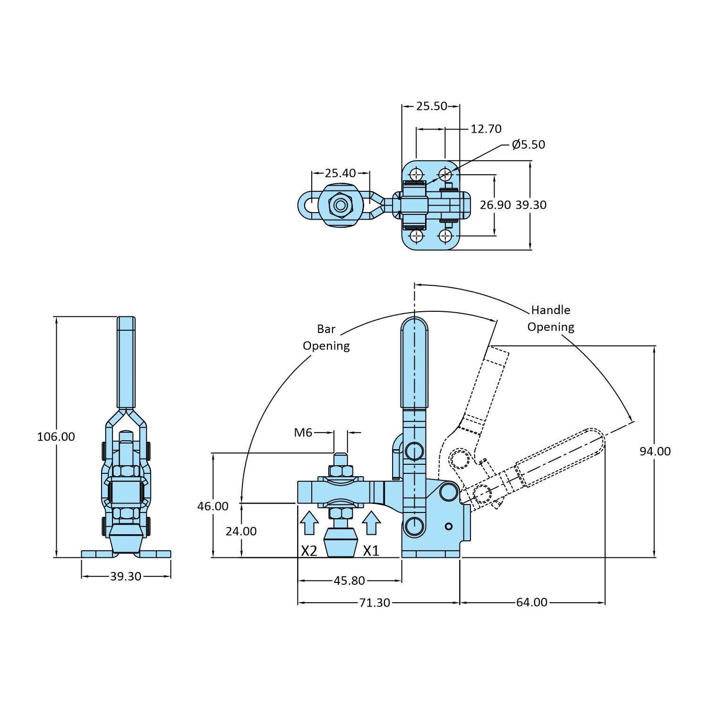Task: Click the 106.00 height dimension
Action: tap(56, 436)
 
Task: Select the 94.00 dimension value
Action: tap(655, 451)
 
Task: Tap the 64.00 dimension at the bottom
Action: tap(531, 602)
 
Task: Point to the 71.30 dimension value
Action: tap(374, 603)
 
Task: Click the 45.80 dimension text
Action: tap(349, 581)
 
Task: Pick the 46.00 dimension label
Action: tap(213, 506)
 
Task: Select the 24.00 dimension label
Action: tap(241, 531)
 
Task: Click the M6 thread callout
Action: tap(303, 432)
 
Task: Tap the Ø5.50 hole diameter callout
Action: tap(528, 145)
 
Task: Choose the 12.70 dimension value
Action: tap(486, 129)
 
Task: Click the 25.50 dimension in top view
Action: tap(431, 106)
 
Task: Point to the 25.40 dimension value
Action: tap(340, 173)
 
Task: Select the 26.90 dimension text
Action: tap(495, 205)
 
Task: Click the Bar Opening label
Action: tap(326, 337)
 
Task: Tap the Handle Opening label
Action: tap(551, 318)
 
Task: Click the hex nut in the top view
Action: tap(340, 205)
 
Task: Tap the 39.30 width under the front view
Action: tap(126, 576)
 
